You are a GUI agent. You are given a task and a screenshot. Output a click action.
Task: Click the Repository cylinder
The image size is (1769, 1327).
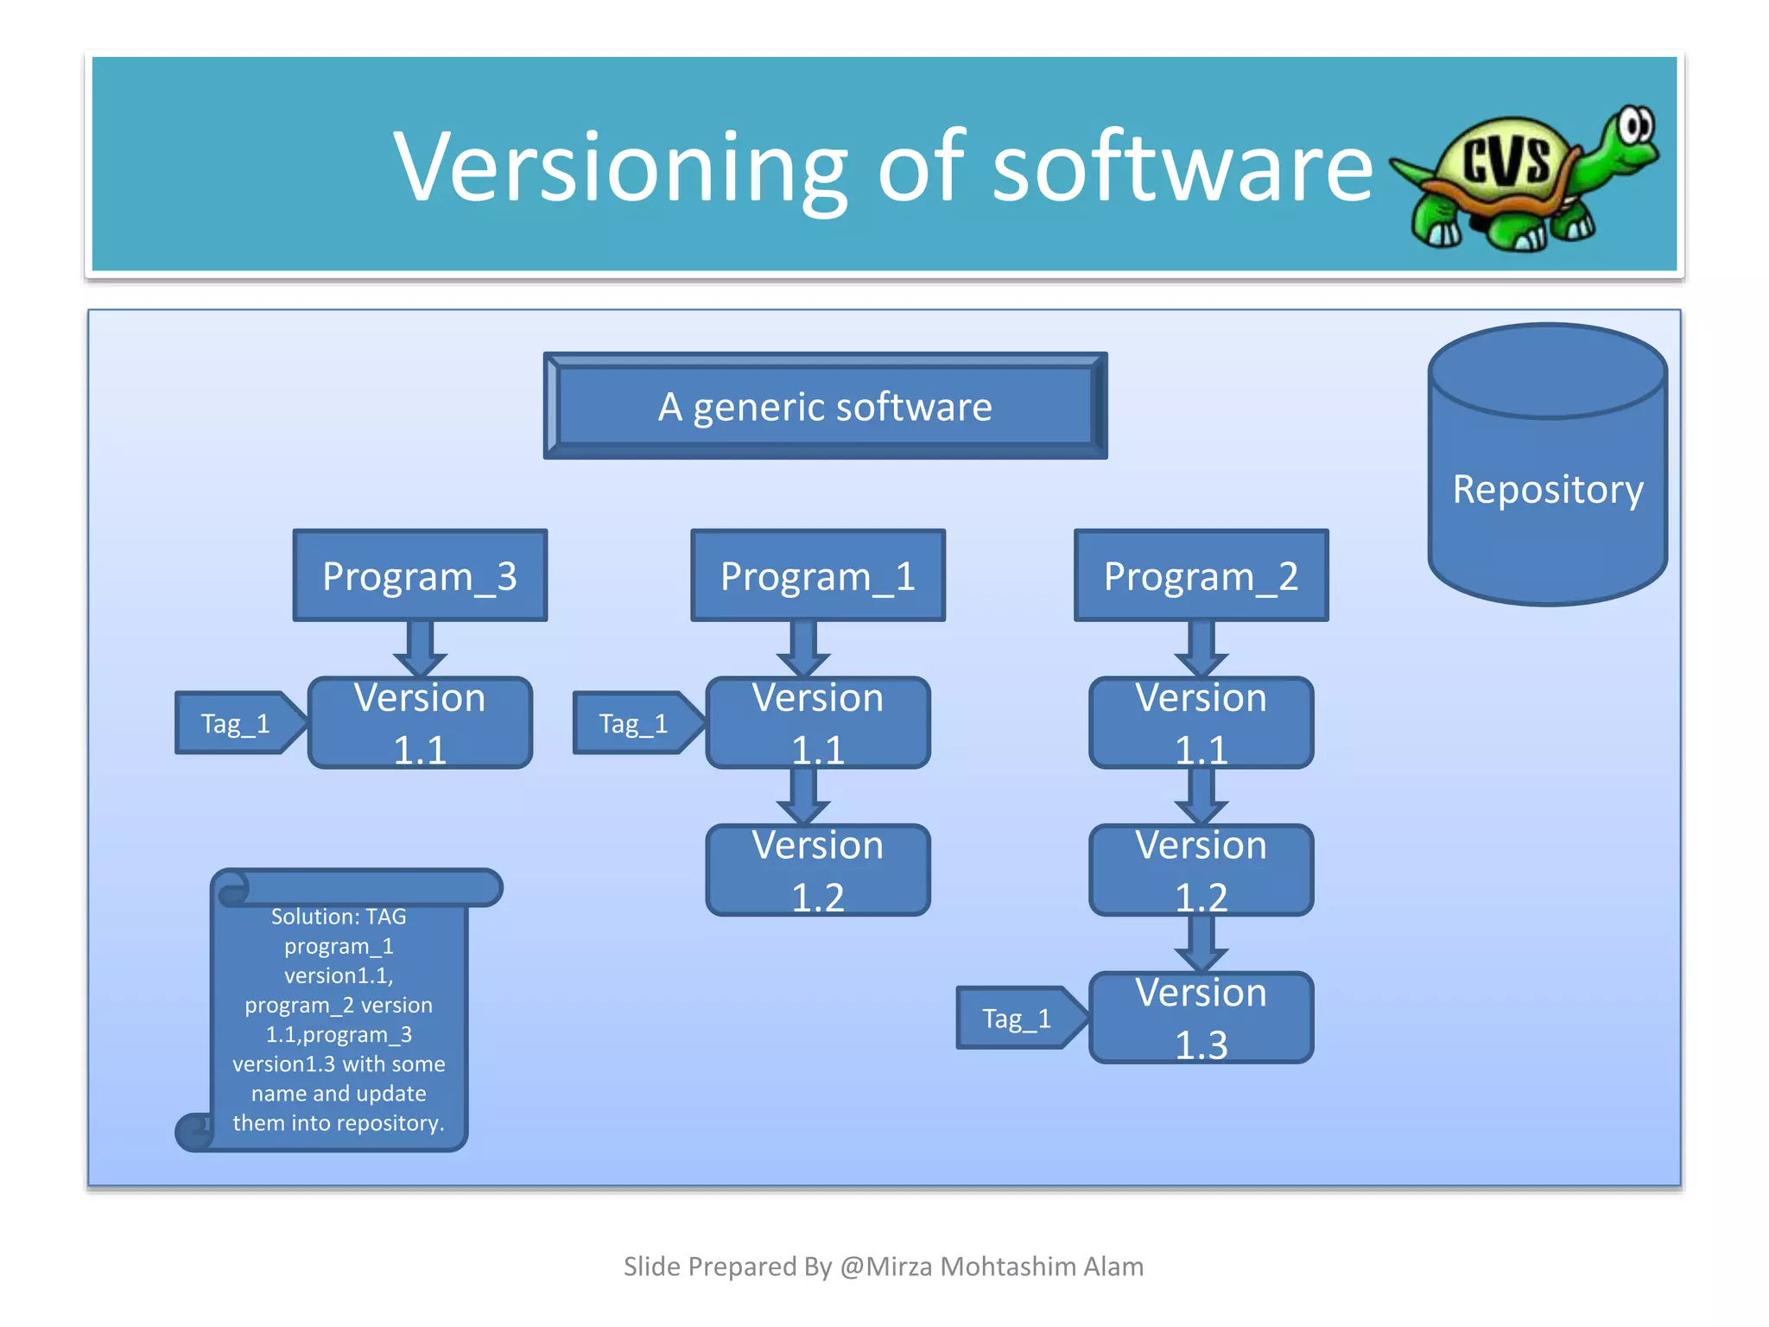pos(1547,490)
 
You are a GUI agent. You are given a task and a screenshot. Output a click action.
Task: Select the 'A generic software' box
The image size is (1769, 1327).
pos(825,406)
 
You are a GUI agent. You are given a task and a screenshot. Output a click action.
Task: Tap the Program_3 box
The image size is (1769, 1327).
pos(420,575)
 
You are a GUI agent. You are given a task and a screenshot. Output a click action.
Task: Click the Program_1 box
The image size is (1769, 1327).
pos(818,575)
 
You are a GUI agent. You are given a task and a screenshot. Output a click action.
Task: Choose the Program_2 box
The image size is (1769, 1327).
pos(1201,575)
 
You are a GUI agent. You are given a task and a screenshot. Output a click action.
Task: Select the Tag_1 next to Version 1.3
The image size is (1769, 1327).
pos(1018,1019)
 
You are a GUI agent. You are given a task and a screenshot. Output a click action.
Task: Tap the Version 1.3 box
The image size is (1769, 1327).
pos(1201,1018)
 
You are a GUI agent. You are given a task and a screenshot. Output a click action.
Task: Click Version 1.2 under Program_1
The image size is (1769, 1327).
pos(818,870)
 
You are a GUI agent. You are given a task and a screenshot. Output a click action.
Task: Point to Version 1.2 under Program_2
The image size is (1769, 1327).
pos(1201,870)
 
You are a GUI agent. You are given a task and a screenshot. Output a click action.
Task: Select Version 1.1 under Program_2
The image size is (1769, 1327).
pos(1201,722)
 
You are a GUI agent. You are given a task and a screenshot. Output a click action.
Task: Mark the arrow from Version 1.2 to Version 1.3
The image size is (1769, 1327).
pos(1201,944)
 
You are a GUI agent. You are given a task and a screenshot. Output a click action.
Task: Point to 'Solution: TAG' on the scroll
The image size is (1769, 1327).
pos(339,917)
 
